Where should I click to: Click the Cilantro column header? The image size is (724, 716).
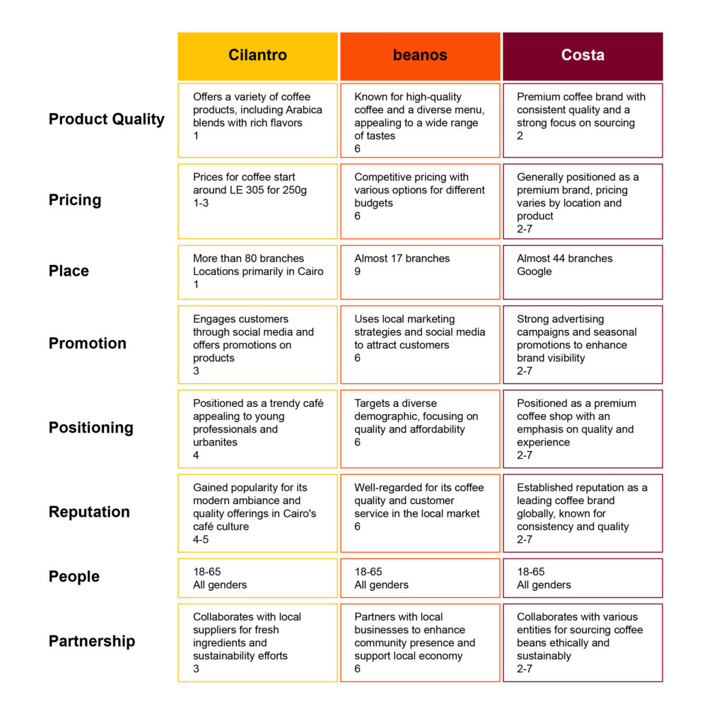tap(257, 57)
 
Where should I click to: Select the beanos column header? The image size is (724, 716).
tap(420, 57)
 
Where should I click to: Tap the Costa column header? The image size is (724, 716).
tap(583, 57)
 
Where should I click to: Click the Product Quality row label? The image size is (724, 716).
tap(107, 119)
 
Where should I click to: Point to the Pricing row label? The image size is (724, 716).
tap(75, 200)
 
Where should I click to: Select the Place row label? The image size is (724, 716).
tap(69, 271)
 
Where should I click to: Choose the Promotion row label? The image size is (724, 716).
tap(87, 343)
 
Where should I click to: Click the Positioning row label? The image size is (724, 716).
tap(91, 428)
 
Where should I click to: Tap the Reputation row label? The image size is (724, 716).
tap(89, 512)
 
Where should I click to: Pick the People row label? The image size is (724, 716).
tap(74, 576)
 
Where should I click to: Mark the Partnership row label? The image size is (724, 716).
tap(92, 641)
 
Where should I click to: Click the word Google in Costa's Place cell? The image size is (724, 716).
tap(535, 271)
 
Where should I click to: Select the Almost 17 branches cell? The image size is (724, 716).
tap(420, 272)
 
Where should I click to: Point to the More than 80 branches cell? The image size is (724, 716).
tap(257, 272)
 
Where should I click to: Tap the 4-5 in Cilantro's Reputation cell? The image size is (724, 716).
tap(201, 539)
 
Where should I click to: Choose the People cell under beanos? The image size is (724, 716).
tap(420, 578)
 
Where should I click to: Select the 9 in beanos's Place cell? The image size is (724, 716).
tap(357, 271)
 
